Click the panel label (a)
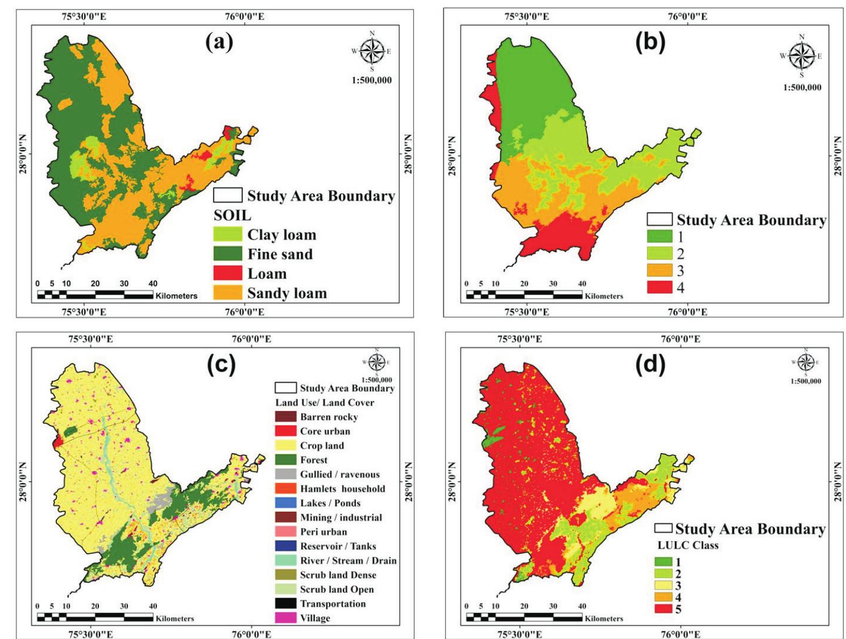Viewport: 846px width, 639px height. pyautogui.click(x=219, y=42)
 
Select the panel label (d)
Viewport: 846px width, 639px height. pyautogui.click(x=649, y=365)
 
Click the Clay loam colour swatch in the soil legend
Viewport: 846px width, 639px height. pyautogui.click(x=227, y=235)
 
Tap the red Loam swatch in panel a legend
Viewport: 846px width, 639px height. pyautogui.click(x=227, y=273)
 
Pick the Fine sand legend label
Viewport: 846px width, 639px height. pyautogui.click(x=280, y=254)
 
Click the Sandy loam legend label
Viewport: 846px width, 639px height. pyautogui.click(x=287, y=293)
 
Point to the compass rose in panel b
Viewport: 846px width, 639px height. pyautogui.click(x=802, y=56)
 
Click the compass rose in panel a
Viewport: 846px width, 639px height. pyautogui.click(x=372, y=51)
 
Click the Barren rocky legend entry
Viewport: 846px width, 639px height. pyautogui.click(x=329, y=417)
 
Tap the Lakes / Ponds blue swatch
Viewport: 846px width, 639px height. pyautogui.click(x=286, y=503)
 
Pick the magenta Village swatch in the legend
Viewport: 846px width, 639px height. pyautogui.click(x=286, y=618)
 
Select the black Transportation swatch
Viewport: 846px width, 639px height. pyautogui.click(x=286, y=604)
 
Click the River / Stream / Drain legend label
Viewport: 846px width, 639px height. pyautogui.click(x=348, y=561)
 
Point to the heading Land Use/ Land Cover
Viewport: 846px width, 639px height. pyautogui.click(x=325, y=403)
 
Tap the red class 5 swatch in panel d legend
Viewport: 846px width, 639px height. pyautogui.click(x=663, y=609)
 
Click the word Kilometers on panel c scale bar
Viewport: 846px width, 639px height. pyautogui.click(x=175, y=619)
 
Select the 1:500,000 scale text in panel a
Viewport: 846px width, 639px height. pyautogui.click(x=372, y=80)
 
